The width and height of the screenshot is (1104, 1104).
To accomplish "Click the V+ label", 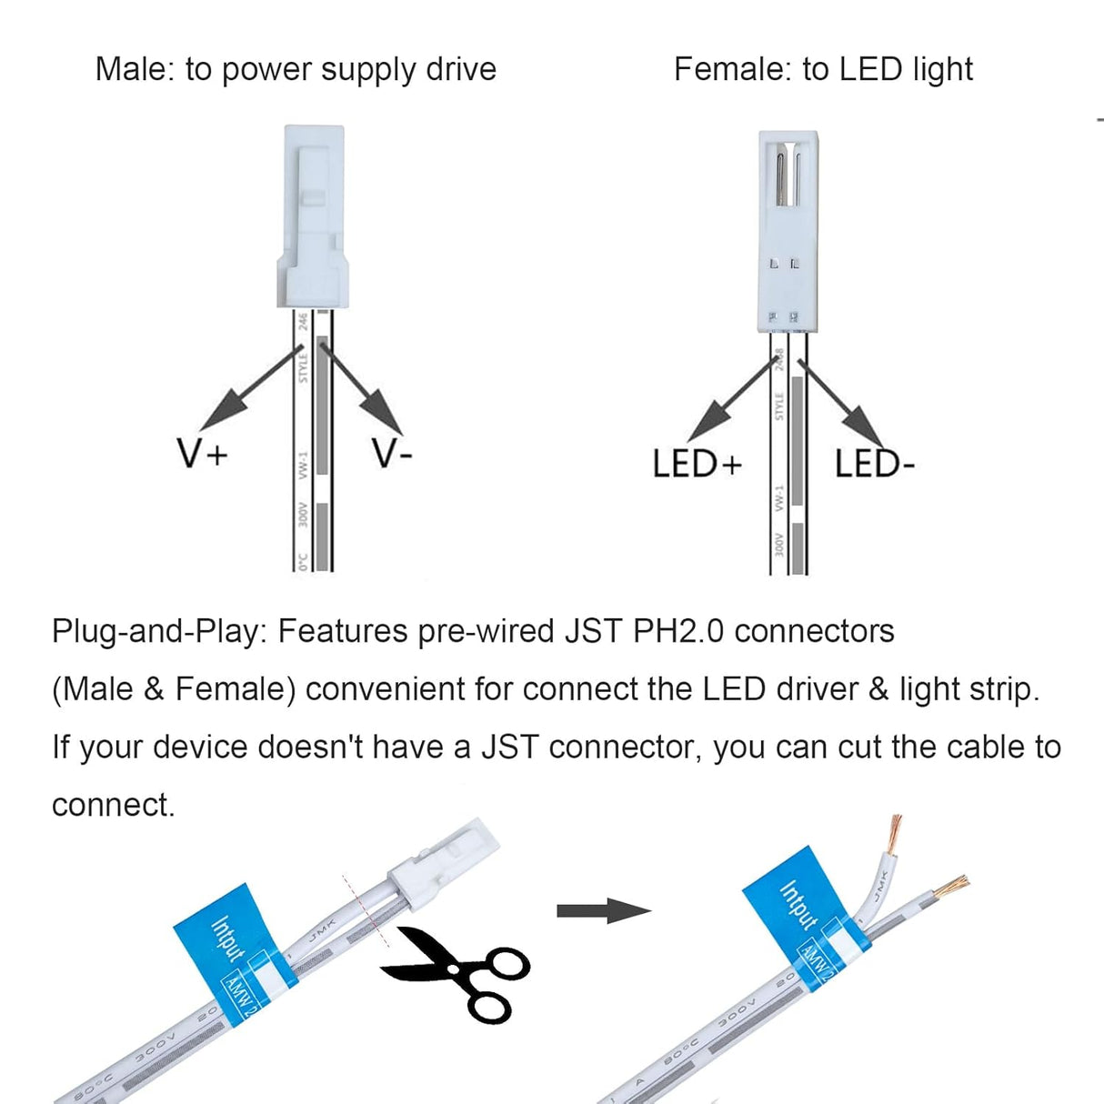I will click(202, 452).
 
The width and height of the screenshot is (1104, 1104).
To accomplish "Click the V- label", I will click(392, 452).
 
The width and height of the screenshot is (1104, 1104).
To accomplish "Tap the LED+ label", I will click(697, 464).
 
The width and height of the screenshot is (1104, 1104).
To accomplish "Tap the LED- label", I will click(873, 464).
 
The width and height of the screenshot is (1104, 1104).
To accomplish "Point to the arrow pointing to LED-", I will click(841, 400).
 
